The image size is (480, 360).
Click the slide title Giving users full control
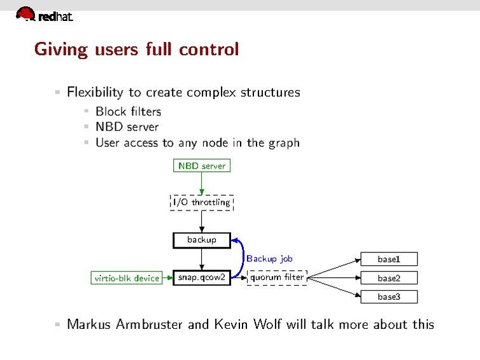136,49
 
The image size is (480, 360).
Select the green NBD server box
201,165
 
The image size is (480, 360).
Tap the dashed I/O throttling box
202,202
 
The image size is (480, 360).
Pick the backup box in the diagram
201,240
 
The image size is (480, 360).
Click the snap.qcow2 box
201,278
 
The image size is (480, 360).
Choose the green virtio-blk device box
127,278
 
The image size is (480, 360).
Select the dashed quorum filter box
276,277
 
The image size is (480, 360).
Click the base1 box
388,259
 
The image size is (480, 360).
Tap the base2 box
388,278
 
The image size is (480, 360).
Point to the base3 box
388,297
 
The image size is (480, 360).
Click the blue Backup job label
269,259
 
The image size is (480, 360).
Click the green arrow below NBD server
201,183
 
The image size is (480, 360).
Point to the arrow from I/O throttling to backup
201,221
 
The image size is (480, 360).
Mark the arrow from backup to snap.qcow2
201,259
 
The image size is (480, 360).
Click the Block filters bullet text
128,111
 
